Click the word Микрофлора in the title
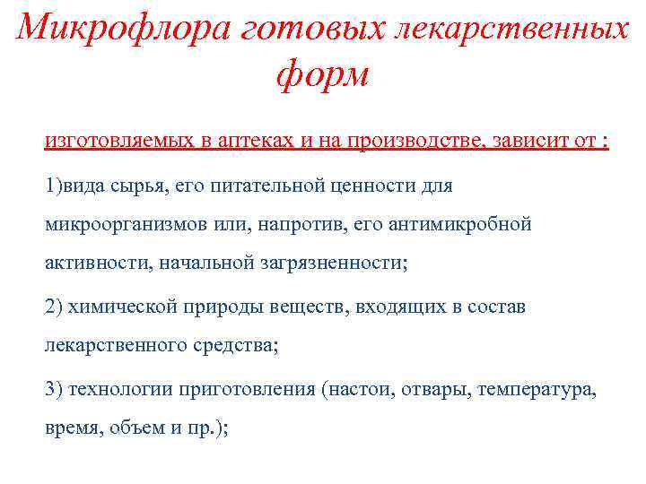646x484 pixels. pyautogui.click(x=122, y=29)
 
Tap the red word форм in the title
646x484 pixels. pyautogui.click(x=323, y=74)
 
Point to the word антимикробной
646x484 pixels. pyautogui.click(x=459, y=224)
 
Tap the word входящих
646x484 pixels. pyautogui.click(x=396, y=307)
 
